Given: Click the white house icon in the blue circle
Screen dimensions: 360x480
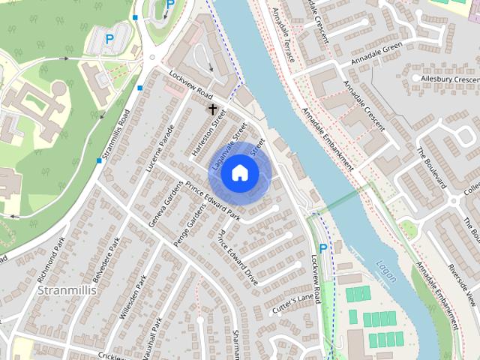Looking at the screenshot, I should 239,172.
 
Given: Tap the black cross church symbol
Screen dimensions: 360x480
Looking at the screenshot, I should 212,109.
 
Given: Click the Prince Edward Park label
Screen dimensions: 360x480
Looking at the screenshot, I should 215,200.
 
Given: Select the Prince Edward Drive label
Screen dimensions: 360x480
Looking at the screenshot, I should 238,258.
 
